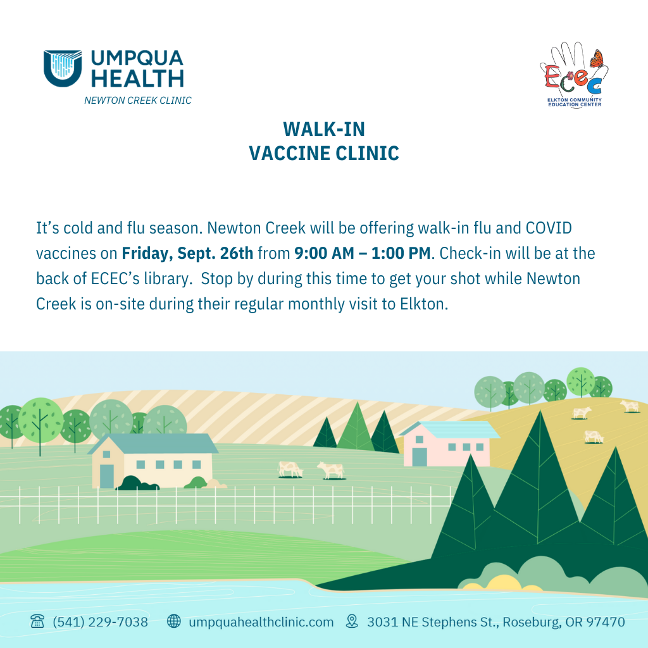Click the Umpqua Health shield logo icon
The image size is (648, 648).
click(63, 68)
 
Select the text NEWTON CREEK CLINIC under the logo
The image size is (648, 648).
click(137, 101)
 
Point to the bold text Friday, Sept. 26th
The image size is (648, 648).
click(187, 253)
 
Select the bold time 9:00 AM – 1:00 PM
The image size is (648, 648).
click(363, 253)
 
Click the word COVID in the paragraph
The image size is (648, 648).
click(549, 228)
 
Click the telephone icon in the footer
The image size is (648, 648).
click(37, 621)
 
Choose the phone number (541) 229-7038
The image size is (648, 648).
click(101, 622)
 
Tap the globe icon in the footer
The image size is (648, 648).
click(173, 621)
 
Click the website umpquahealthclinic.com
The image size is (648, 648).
click(261, 623)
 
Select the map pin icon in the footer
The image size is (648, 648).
click(352, 621)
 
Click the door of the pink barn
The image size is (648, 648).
click(420, 457)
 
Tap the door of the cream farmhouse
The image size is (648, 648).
click(106, 476)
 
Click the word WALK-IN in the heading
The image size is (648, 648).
click(324, 129)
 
